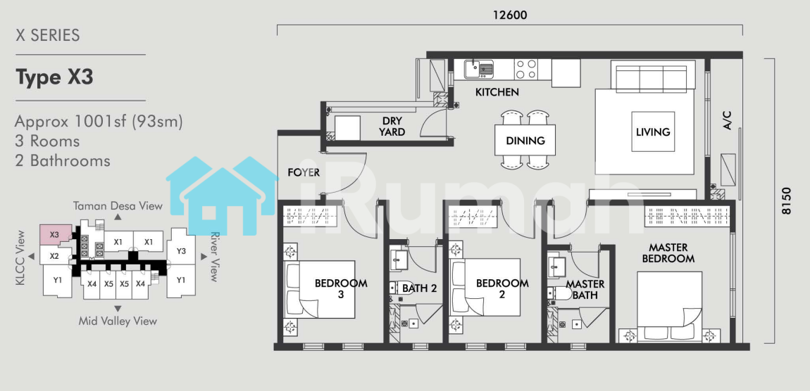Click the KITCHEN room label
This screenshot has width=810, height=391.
pyautogui.click(x=497, y=93)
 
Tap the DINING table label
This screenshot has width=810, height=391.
pyautogui.click(x=525, y=141)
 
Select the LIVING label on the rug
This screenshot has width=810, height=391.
pyautogui.click(x=653, y=132)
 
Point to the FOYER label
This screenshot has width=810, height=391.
pyautogui.click(x=304, y=172)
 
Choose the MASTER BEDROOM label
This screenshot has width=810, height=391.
pyautogui.click(x=668, y=253)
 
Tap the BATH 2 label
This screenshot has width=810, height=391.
pyautogui.click(x=420, y=288)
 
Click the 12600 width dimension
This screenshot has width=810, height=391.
pyautogui.click(x=510, y=15)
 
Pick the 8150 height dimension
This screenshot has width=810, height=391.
pyautogui.click(x=786, y=200)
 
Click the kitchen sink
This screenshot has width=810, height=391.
pyautogui.click(x=479, y=69)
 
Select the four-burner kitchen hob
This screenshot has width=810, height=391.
pyautogui.click(x=526, y=69)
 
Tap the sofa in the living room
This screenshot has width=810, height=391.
pyautogui.click(x=652, y=75)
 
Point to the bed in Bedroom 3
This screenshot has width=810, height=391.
pyautogui.click(x=320, y=289)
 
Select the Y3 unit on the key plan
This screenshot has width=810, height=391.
pyautogui.click(x=181, y=251)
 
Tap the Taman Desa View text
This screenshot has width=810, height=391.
pyautogui.click(x=118, y=206)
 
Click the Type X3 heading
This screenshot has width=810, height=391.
pyautogui.click(x=54, y=77)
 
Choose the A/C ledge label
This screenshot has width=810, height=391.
pyautogui.click(x=727, y=121)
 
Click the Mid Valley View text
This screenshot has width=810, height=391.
pyautogui.click(x=118, y=321)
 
